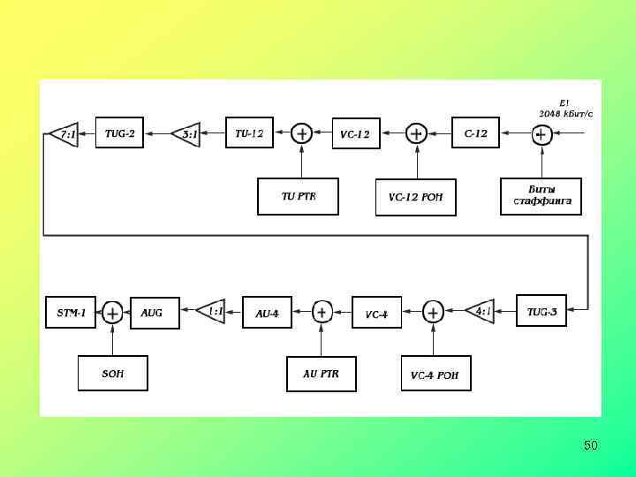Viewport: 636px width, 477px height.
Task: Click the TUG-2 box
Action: point(119,133)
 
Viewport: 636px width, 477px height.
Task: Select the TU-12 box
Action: point(249,133)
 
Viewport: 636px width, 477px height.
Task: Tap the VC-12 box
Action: point(356,134)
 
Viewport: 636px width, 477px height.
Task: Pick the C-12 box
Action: point(475,133)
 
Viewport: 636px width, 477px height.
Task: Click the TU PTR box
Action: point(298,196)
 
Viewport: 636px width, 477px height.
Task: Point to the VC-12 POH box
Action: point(415,197)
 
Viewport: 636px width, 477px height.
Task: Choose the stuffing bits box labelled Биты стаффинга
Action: point(541,196)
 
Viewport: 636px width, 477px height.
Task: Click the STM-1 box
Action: point(71,313)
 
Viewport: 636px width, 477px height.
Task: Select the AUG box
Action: point(154,313)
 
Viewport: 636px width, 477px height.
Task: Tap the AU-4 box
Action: point(266,313)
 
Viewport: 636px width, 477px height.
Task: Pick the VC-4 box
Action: point(376,313)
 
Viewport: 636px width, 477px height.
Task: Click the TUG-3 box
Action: point(541,311)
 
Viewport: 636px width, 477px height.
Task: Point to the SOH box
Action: point(112,373)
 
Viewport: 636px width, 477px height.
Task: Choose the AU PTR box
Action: point(321,373)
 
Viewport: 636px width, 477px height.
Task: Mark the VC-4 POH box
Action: point(435,373)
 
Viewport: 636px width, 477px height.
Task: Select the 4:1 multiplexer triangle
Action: point(481,311)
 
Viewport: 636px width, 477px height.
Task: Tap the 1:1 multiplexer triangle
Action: point(212,311)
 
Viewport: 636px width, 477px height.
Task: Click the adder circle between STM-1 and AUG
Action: point(112,313)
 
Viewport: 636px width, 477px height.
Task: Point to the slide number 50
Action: point(590,445)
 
